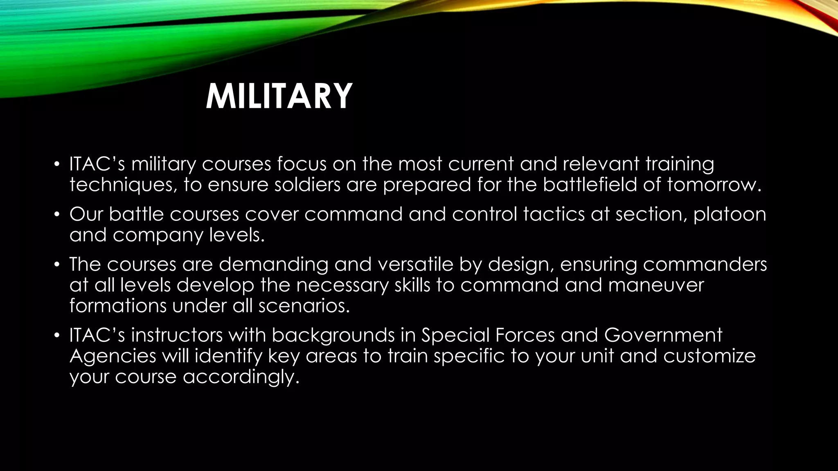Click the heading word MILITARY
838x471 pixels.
pos(279,96)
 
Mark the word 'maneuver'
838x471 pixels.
pos(656,285)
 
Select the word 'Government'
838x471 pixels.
pos(663,335)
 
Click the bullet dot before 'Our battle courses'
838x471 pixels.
pos(58,215)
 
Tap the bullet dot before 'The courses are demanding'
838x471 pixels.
pos(58,265)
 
